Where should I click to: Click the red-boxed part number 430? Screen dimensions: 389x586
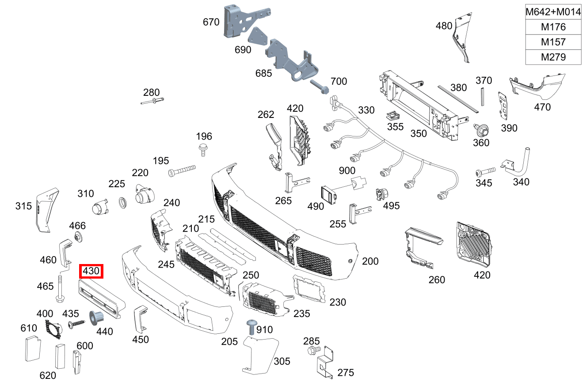coord(91,271)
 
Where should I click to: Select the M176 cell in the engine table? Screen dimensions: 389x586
coord(553,27)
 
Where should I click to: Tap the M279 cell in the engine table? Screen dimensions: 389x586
coord(553,57)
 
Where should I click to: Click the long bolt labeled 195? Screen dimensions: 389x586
coord(181,171)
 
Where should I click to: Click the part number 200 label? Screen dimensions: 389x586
coord(370,261)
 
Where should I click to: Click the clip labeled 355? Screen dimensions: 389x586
coord(391,115)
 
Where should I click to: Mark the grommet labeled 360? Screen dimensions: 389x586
coord(481,130)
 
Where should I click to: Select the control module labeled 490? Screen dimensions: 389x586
coord(328,194)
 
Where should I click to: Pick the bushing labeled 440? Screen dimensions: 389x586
coord(97,317)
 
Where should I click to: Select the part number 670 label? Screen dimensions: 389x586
coord(211,21)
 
